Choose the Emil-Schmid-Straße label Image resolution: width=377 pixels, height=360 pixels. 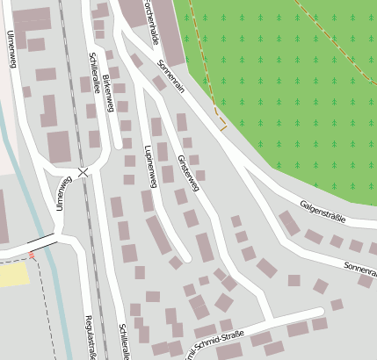pyautogui.click(x=212, y=338)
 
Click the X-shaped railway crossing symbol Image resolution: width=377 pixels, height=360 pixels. pyautogui.click(x=83, y=172)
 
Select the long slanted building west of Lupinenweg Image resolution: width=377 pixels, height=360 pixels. pyautogui.click(x=158, y=234)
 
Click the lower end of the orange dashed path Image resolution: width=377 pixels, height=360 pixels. pyautogui.click(x=223, y=128)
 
